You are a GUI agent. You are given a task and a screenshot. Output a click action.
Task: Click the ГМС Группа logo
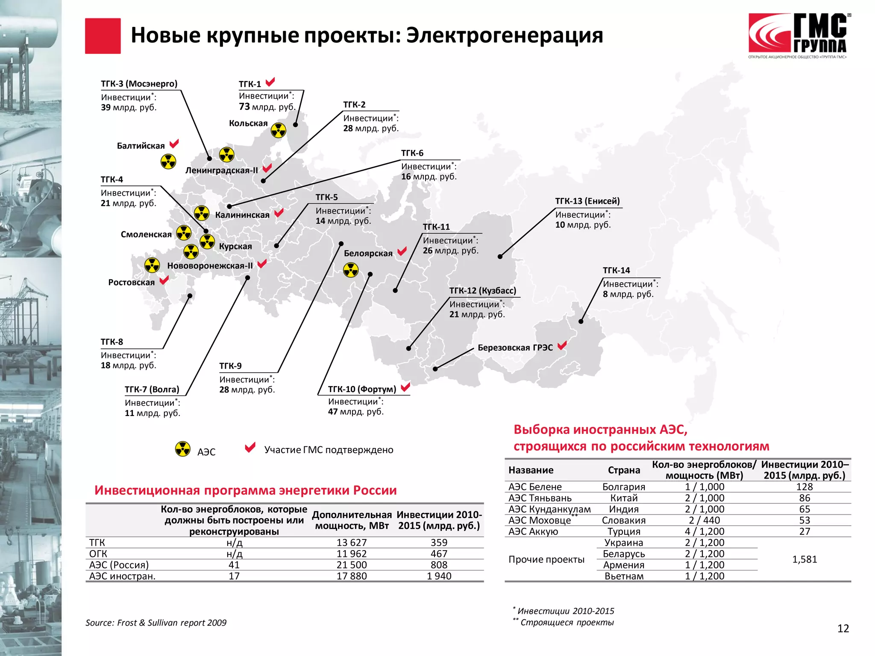798,37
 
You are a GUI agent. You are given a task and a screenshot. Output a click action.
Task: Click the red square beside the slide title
103,36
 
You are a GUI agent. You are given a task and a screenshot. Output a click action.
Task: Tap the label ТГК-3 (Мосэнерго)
139,84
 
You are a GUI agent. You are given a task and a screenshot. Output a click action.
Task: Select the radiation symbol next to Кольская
279,130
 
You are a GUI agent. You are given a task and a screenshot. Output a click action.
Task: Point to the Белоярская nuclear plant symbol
351,270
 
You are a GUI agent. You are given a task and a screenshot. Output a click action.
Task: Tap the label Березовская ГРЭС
515,348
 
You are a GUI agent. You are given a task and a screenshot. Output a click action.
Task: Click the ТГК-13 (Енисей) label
587,201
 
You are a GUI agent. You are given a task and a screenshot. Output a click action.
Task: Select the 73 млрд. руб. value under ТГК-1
267,107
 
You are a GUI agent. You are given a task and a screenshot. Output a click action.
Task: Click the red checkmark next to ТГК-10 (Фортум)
405,387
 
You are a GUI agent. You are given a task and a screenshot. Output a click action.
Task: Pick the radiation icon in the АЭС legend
183,449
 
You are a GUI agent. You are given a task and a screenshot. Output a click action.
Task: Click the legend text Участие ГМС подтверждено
329,450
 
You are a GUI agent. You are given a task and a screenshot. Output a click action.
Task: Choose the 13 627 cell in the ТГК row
352,542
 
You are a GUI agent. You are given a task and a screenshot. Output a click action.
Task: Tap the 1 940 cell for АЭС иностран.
439,576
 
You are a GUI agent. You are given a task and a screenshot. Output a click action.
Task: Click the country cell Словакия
624,520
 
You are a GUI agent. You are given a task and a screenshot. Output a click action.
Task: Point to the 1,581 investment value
805,559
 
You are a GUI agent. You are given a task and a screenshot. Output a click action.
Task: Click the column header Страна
624,470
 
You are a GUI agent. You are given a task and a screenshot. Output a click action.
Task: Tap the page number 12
843,628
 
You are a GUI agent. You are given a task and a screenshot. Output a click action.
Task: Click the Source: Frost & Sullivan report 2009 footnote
156,623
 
